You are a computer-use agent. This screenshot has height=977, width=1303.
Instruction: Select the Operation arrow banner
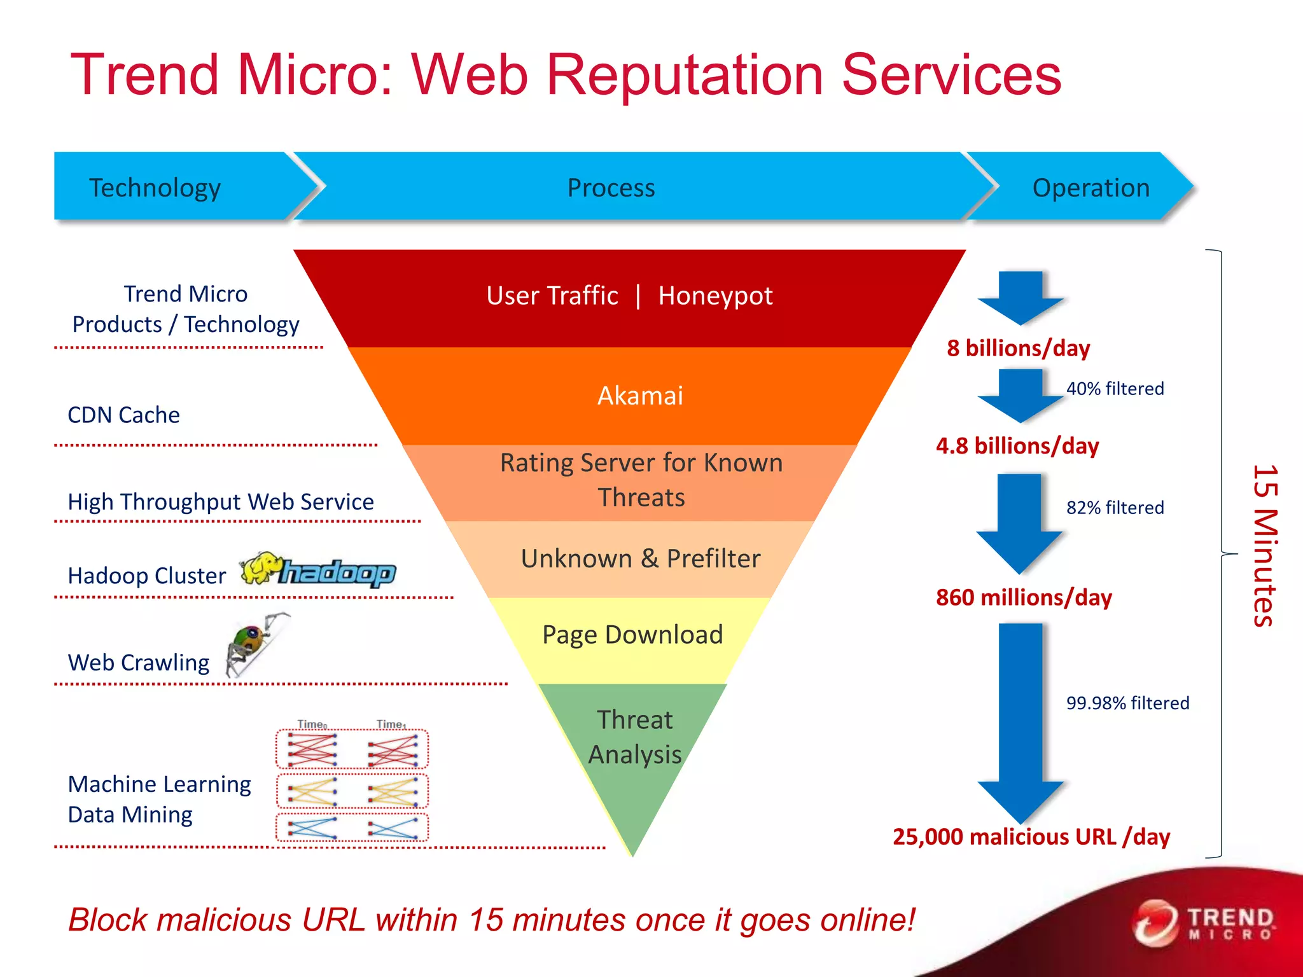pos(1090,188)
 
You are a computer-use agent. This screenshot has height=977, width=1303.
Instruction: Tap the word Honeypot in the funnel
pos(715,296)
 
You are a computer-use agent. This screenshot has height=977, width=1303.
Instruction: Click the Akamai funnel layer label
pos(640,396)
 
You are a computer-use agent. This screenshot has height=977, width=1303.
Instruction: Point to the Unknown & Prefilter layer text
pos(640,558)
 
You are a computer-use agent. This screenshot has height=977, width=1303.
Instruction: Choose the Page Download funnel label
pos(632,635)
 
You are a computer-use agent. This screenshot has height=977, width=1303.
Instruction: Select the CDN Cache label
pos(123,415)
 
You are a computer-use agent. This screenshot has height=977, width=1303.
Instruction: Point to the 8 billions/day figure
pos(1018,348)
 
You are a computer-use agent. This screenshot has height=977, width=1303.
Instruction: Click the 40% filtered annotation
pos(1115,389)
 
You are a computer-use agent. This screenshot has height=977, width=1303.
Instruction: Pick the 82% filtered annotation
pos(1115,508)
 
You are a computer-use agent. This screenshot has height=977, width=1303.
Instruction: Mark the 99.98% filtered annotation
pos(1127,703)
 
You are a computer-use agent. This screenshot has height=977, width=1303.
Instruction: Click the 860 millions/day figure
pos(1023,597)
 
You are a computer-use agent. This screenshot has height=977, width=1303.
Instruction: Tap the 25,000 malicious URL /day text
pos(1031,836)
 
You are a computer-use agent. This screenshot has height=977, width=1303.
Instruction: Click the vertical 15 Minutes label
pos(1265,546)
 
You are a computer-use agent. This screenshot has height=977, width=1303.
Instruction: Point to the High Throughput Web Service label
pos(220,502)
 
